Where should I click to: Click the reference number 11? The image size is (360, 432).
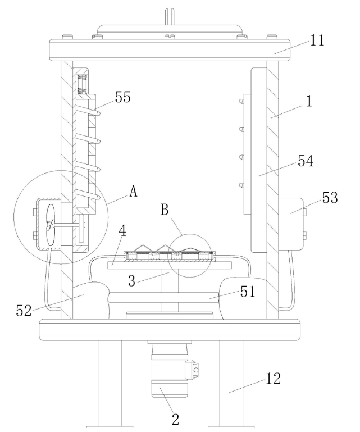(317, 40)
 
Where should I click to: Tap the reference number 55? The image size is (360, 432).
(122, 97)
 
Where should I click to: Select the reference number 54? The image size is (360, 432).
(306, 161)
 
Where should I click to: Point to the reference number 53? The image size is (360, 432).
(330, 198)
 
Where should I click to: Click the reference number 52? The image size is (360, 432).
(24, 311)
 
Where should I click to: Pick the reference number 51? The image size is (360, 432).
(248, 292)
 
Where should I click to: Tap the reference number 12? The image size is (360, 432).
(273, 379)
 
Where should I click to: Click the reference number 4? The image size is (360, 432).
(122, 231)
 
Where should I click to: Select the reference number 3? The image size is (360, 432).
(132, 281)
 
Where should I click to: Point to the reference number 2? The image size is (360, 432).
(175, 419)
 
